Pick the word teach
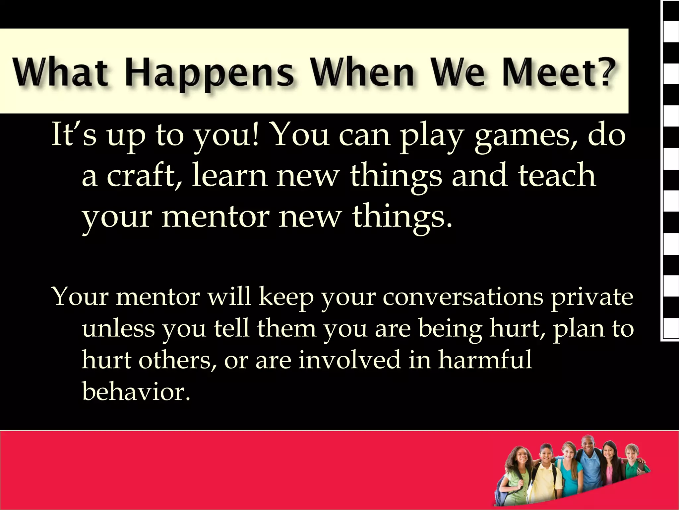click(x=557, y=176)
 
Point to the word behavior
click(x=136, y=392)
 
